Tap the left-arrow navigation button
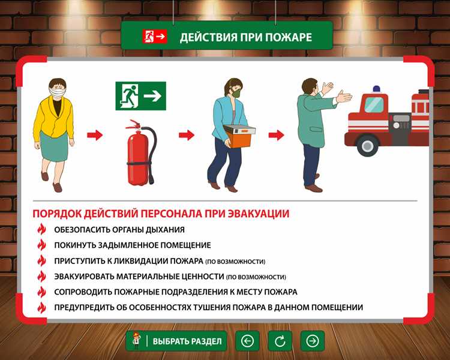[247, 341]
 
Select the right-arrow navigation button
[313, 341]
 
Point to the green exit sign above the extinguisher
[140, 96]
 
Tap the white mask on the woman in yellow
[56, 92]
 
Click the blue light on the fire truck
[376, 89]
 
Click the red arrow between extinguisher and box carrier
[187, 135]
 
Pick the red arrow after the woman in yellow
[95, 135]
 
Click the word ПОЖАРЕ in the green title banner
[289, 37]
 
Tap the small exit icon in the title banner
[148, 36]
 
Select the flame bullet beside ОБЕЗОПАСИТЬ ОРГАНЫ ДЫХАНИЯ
[41, 229]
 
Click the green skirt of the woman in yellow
[53, 147]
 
